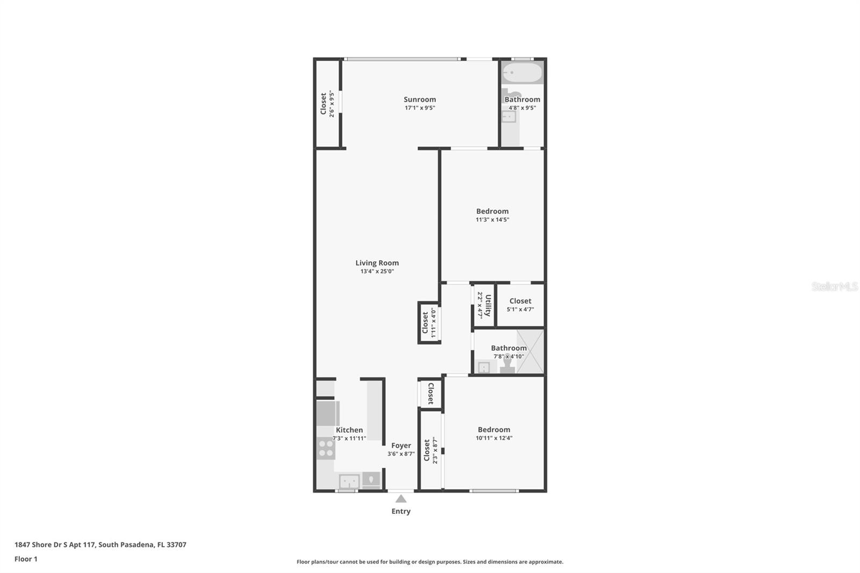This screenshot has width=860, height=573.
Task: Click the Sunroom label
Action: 420,99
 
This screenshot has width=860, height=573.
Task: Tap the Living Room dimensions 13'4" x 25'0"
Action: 377,271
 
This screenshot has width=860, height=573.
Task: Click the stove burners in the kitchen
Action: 326,448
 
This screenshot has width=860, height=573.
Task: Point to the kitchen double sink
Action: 349,481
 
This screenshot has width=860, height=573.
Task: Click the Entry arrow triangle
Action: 401,499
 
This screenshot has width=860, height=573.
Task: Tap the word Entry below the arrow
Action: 401,511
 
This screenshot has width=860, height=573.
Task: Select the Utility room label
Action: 488,305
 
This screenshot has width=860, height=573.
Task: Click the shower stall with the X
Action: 530,352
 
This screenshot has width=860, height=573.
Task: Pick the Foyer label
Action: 401,446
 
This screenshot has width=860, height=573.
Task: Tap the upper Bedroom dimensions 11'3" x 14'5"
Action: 492,219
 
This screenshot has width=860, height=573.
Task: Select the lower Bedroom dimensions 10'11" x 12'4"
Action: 494,438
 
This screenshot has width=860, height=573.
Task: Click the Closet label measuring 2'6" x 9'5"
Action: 323,104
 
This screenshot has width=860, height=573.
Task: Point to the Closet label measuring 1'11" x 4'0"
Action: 425,323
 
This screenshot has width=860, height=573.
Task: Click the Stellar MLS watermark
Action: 834,286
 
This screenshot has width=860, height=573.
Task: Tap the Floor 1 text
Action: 26,559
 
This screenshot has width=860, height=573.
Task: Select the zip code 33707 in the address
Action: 176,545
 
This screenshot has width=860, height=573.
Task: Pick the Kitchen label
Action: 349,430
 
